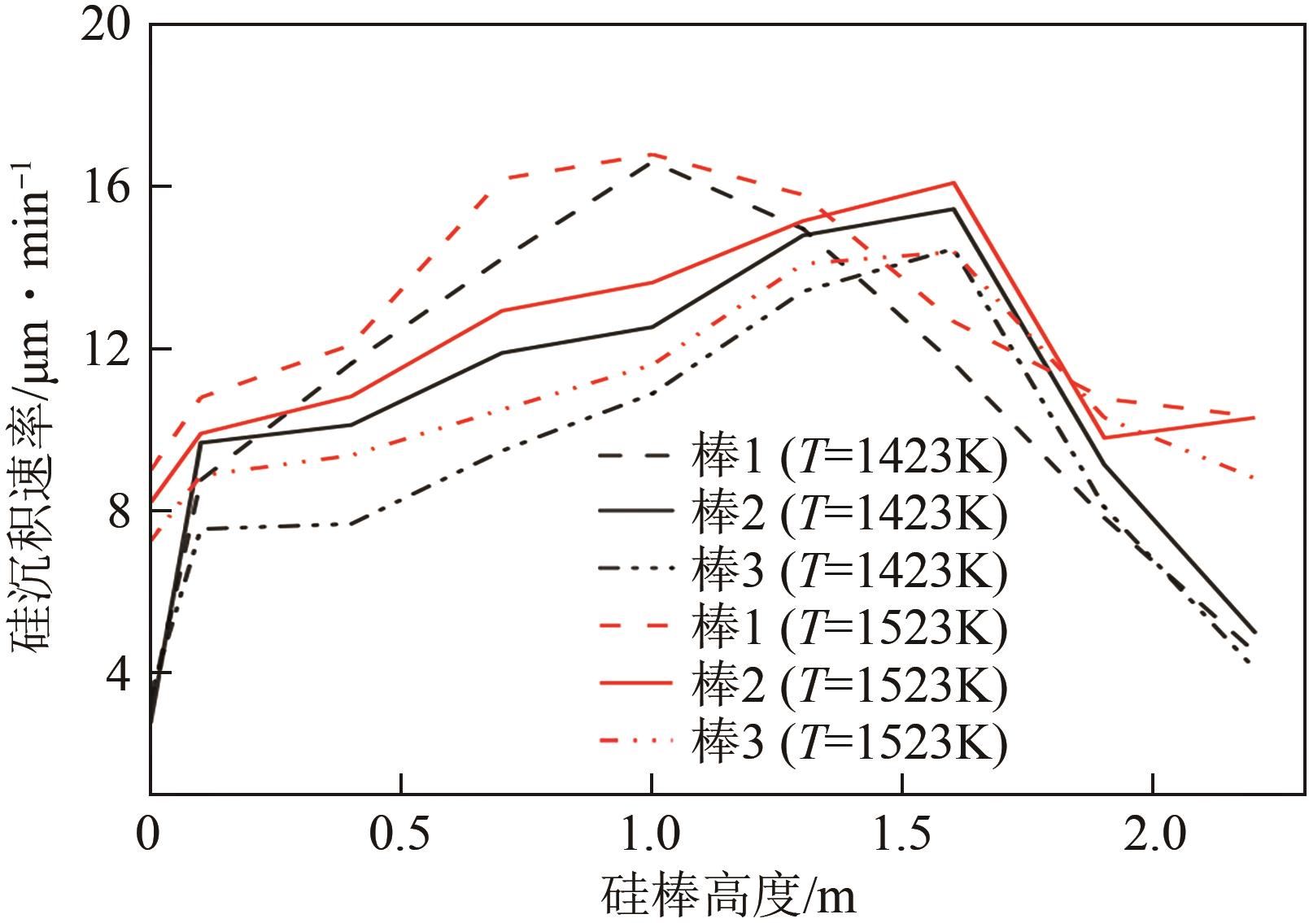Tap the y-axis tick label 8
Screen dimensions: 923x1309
tap(119, 512)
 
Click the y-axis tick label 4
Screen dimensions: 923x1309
tap(119, 673)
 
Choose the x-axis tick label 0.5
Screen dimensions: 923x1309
tap(400, 836)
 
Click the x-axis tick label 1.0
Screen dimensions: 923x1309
tap(651, 836)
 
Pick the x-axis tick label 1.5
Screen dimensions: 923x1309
tap(901, 836)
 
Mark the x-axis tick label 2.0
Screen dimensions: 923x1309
tap(1153, 836)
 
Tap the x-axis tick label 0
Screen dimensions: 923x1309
tap(148, 836)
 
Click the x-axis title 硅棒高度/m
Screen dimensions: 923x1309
tap(729, 895)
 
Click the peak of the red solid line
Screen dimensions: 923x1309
tap(953, 183)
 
